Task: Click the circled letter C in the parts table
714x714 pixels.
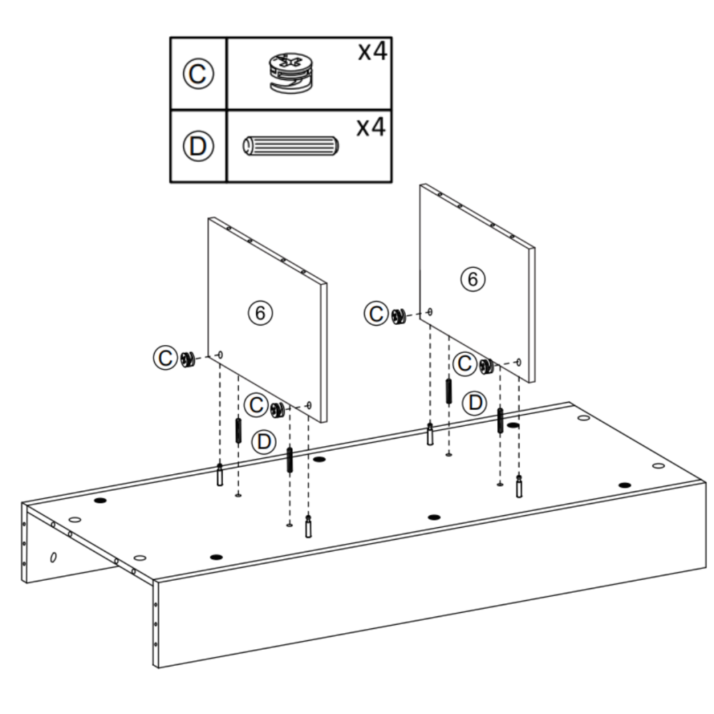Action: tap(199, 74)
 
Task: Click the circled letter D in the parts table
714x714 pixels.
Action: tap(199, 146)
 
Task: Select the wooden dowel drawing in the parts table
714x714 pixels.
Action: tap(290, 146)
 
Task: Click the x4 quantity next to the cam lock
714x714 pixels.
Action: tap(371, 53)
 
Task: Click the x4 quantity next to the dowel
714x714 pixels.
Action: tap(371, 127)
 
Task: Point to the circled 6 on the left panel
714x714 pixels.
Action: tap(259, 313)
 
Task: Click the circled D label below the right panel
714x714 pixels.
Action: tap(476, 402)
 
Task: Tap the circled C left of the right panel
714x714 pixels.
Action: tap(377, 314)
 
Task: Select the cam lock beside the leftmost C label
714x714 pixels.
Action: tap(186, 358)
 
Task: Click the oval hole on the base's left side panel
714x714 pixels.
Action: tap(54, 557)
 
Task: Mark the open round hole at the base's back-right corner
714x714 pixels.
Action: tap(584, 418)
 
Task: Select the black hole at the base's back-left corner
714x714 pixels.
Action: tap(100, 501)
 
